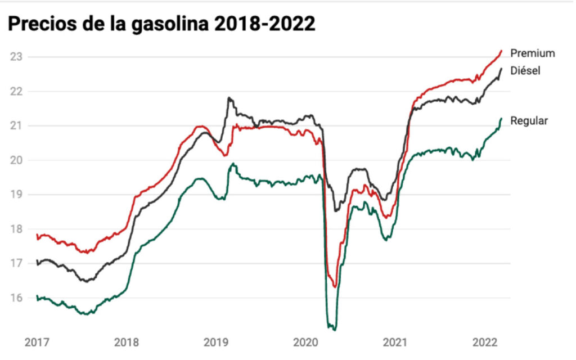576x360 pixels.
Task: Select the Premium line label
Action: click(532, 53)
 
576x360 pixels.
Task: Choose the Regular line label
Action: click(529, 120)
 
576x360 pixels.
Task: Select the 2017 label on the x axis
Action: click(37, 342)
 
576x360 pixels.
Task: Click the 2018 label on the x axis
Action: click(126, 342)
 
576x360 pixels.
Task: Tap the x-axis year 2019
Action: click(215, 342)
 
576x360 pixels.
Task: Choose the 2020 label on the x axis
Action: click(305, 342)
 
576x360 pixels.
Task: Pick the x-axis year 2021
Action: click(394, 342)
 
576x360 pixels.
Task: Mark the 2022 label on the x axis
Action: click(484, 342)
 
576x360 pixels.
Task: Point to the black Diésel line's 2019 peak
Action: click(229, 98)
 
